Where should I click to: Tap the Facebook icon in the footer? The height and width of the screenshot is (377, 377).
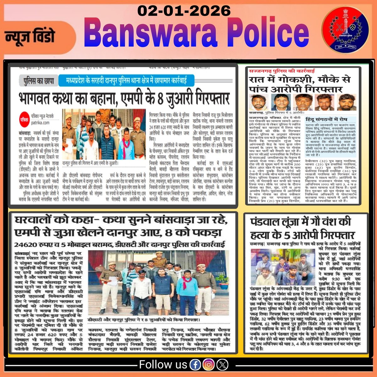195,365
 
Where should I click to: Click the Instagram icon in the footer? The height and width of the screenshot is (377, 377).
208,365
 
